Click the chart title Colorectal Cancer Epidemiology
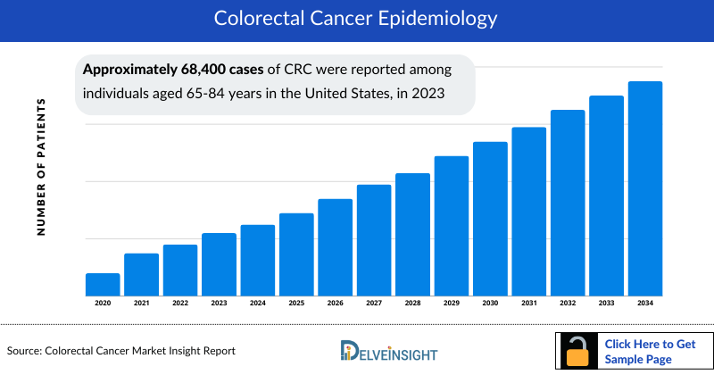(x=357, y=18)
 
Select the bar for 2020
(x=103, y=284)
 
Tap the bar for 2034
(x=645, y=188)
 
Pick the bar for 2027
(x=374, y=239)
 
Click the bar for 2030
(x=490, y=218)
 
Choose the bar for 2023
(x=219, y=264)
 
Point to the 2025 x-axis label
(x=296, y=304)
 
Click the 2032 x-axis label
(x=568, y=304)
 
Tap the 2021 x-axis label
(x=141, y=304)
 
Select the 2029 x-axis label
(x=452, y=304)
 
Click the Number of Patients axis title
(x=41, y=167)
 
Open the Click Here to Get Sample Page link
(x=649, y=351)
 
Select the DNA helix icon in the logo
(x=349, y=351)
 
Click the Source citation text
(x=121, y=351)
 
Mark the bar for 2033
(x=606, y=196)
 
